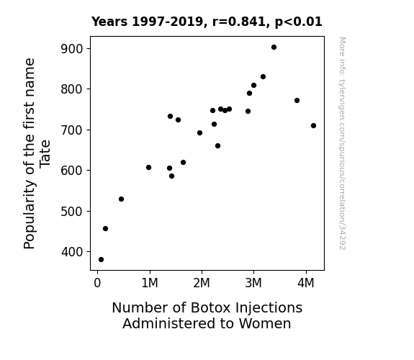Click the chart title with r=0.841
[207, 22]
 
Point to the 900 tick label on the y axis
[72, 49]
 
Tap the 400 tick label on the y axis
[72, 252]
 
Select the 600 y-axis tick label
[72, 171]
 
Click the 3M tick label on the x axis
[253, 284]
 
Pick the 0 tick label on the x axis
[97, 284]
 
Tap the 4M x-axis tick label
[306, 284]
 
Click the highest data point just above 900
[274, 48]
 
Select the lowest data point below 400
[101, 260]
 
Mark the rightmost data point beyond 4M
[313, 126]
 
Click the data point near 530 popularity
[121, 199]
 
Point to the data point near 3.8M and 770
[297, 101]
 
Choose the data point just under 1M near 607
[148, 168]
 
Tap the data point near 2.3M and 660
[217, 145]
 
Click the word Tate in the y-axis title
[45, 153]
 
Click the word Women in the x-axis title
[265, 324]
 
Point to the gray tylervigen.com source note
[343, 143]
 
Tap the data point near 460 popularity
[105, 229]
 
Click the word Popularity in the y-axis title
[29, 215]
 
